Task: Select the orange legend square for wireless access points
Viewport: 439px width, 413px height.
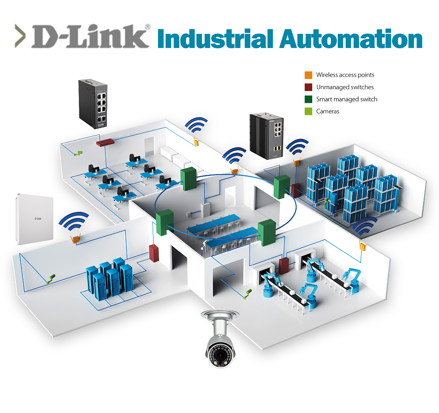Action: coord(309,75)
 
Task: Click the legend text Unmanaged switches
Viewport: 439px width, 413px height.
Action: coord(345,87)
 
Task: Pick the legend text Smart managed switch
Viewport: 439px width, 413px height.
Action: coord(346,99)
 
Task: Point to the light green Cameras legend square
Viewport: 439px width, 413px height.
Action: coord(309,111)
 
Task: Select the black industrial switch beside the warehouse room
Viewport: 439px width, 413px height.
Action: coord(266,136)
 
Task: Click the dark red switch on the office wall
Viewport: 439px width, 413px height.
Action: coord(105,142)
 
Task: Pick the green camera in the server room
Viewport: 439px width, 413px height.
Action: coord(51,279)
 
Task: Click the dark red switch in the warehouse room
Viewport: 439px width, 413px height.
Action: coord(295,190)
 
